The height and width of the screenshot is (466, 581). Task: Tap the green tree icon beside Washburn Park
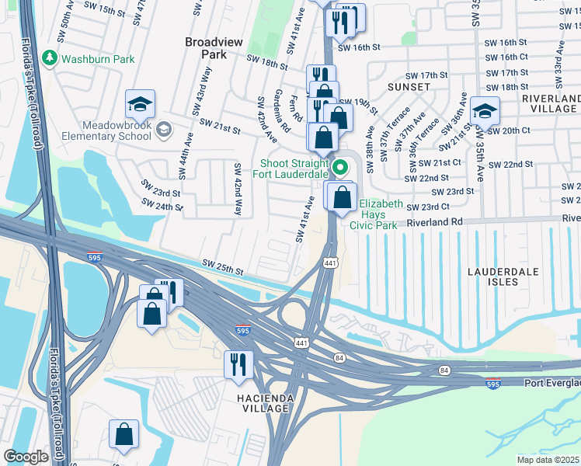pyautogui.click(x=50, y=58)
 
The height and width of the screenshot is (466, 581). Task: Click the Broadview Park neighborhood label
pyautogui.click(x=206, y=48)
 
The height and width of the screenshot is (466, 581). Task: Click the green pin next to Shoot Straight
pyautogui.click(x=339, y=166)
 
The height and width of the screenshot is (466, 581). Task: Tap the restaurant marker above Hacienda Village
pyautogui.click(x=238, y=363)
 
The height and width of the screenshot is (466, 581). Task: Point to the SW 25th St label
pyautogui.click(x=222, y=267)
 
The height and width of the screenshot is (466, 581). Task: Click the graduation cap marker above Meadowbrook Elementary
pyautogui.click(x=140, y=103)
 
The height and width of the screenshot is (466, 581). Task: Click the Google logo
pyautogui.click(x=26, y=457)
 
